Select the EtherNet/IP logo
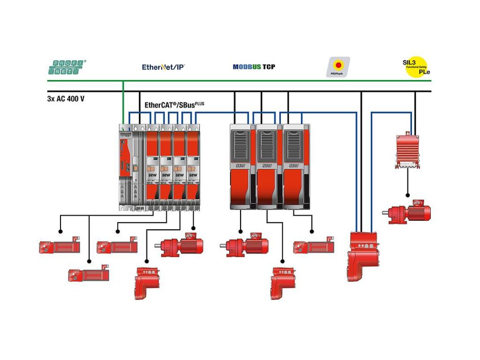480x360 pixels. coord(163,67)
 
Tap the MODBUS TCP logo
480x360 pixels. coord(254,67)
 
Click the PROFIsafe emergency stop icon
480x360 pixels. coord(337,67)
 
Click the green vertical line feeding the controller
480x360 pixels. coord(123,101)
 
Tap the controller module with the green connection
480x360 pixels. coord(126,166)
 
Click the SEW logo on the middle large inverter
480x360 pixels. coord(267,165)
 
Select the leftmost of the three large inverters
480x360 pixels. coord(242,166)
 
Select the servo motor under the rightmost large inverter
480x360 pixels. coord(314,246)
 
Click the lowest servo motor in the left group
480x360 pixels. coord(88,275)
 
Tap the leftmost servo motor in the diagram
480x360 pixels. coord(59,246)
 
